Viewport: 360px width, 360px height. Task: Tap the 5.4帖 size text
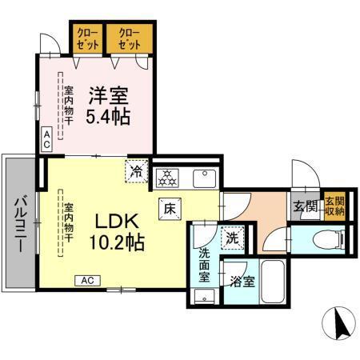113,117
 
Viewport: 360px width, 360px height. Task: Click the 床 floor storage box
171,206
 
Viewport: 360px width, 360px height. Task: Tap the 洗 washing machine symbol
231,238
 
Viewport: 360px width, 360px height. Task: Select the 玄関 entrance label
305,207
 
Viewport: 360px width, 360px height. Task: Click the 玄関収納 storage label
334,206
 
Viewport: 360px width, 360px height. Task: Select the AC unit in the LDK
88,280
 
